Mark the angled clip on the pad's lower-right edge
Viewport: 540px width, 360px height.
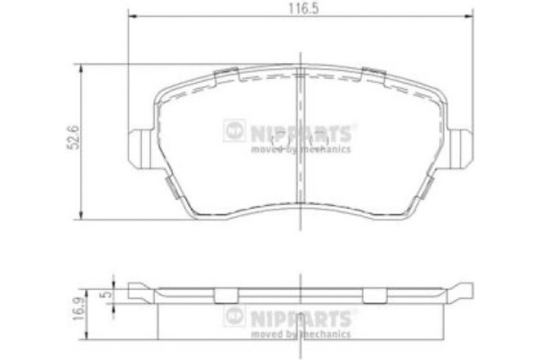click(x=427, y=185)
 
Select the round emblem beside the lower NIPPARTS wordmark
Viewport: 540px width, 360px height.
click(x=233, y=317)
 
